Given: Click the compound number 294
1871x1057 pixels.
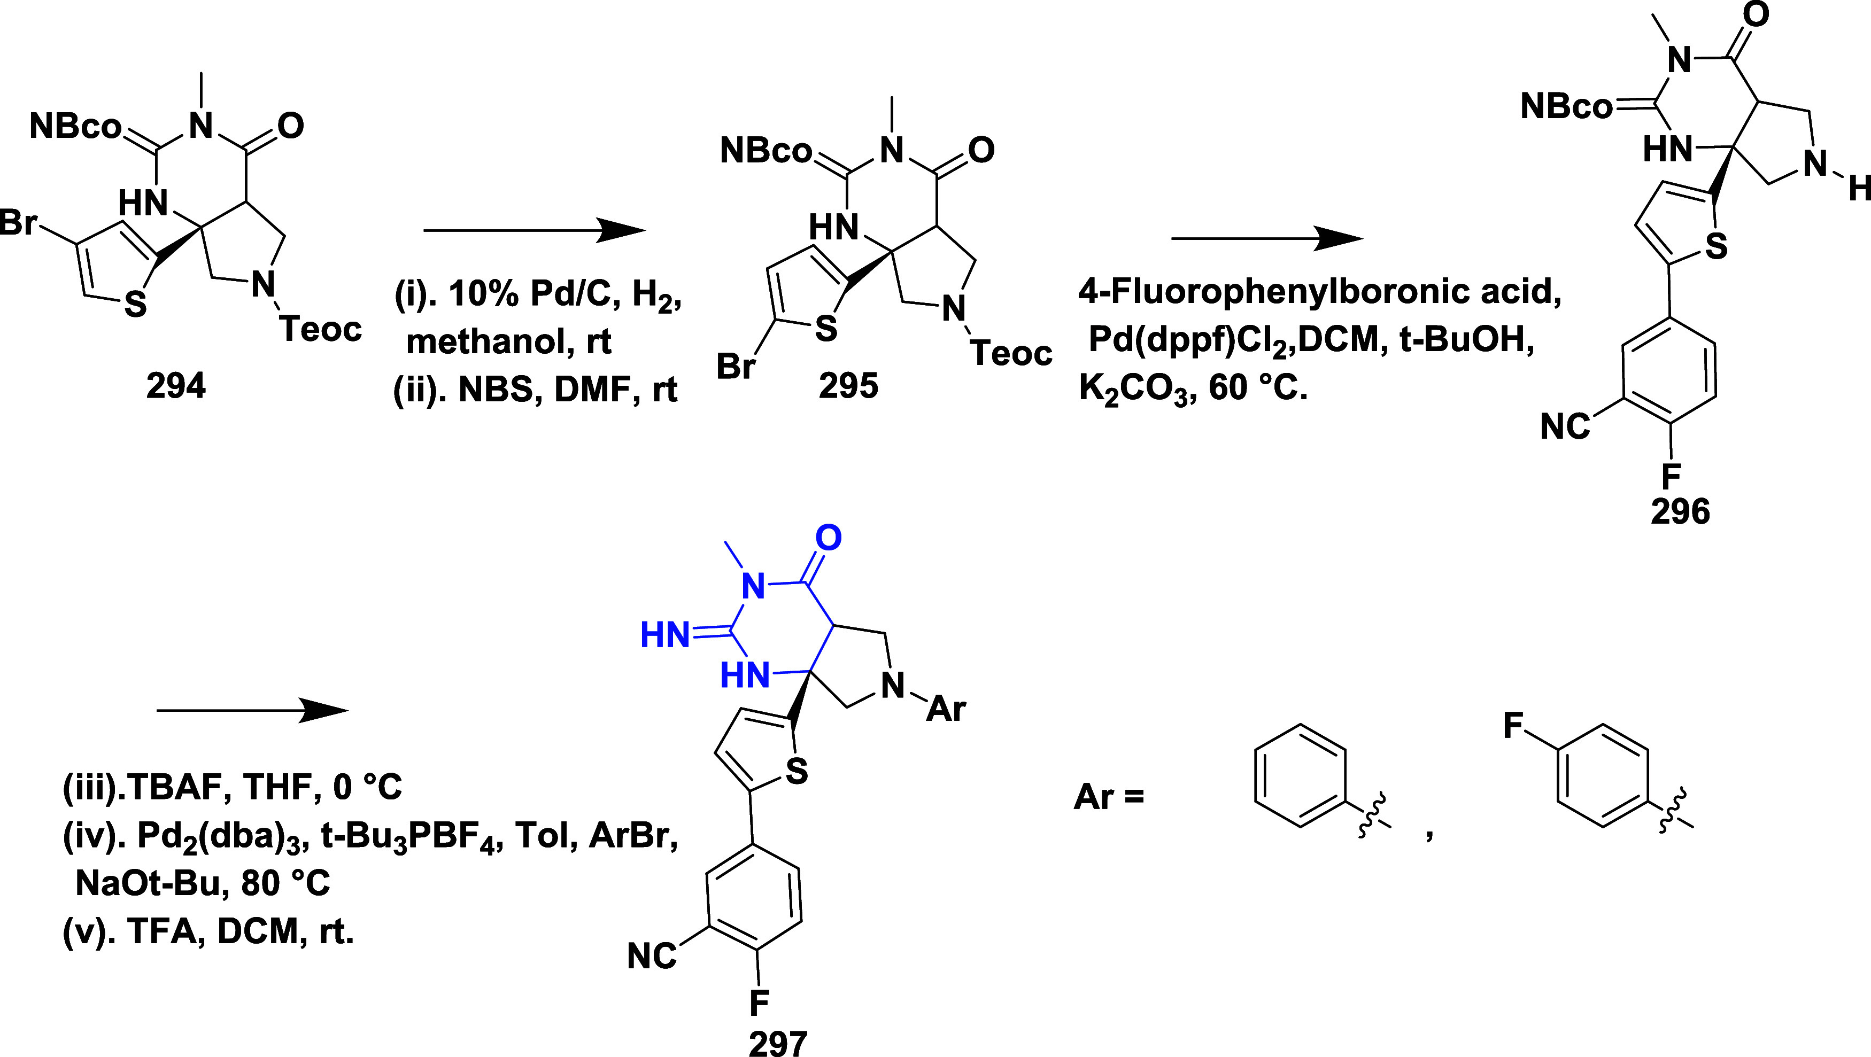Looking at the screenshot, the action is pyautogui.click(x=176, y=385).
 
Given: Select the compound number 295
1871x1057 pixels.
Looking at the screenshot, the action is pyautogui.click(x=848, y=385).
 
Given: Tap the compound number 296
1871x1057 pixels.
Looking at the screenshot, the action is pyautogui.click(x=1680, y=512).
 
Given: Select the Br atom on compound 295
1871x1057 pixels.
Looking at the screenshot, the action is pyautogui.click(x=736, y=366).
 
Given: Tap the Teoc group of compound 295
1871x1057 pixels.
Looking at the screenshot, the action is pyautogui.click(x=1011, y=354).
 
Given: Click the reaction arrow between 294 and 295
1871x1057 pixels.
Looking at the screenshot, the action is pyautogui.click(x=534, y=231).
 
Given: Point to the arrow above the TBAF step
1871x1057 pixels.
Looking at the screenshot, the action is pyautogui.click(x=253, y=711).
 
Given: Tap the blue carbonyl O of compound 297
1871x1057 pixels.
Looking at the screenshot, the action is pyautogui.click(x=828, y=538).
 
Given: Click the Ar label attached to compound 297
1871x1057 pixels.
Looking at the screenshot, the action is pyautogui.click(x=946, y=708).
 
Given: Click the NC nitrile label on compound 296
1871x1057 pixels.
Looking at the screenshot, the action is pyautogui.click(x=1565, y=426).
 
